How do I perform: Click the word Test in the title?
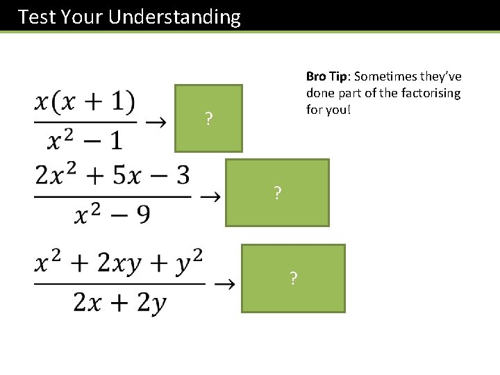(37, 17)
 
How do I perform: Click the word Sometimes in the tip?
(384, 76)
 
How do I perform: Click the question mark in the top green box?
(208, 119)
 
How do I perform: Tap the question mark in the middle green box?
(278, 193)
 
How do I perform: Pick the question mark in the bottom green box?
(294, 279)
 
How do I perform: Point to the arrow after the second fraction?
(210, 197)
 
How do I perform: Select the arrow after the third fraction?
(224, 283)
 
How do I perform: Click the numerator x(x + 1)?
(85, 103)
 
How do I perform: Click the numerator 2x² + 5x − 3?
(112, 176)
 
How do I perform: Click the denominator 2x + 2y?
(119, 303)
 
